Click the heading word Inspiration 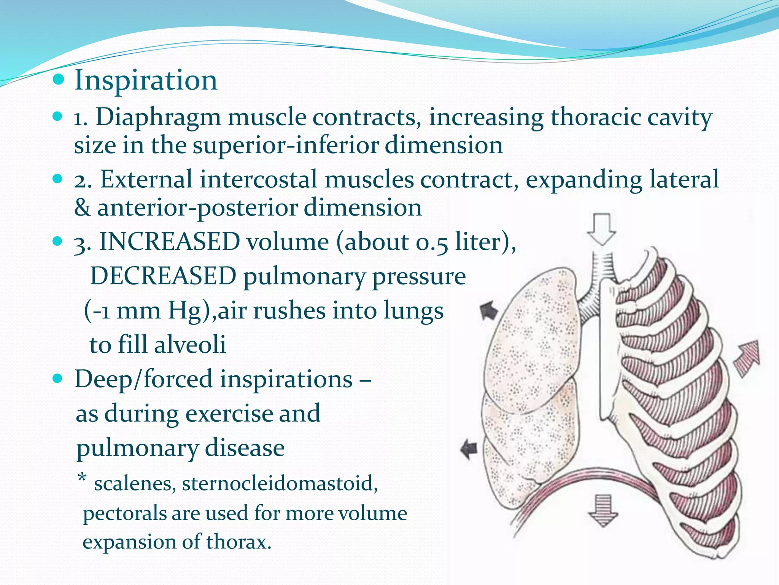[146, 80]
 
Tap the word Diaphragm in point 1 [158, 117]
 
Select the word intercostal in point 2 [258, 180]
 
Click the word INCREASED [170, 242]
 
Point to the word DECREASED [163, 276]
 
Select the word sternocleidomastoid [280, 484]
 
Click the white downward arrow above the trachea [602, 229]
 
